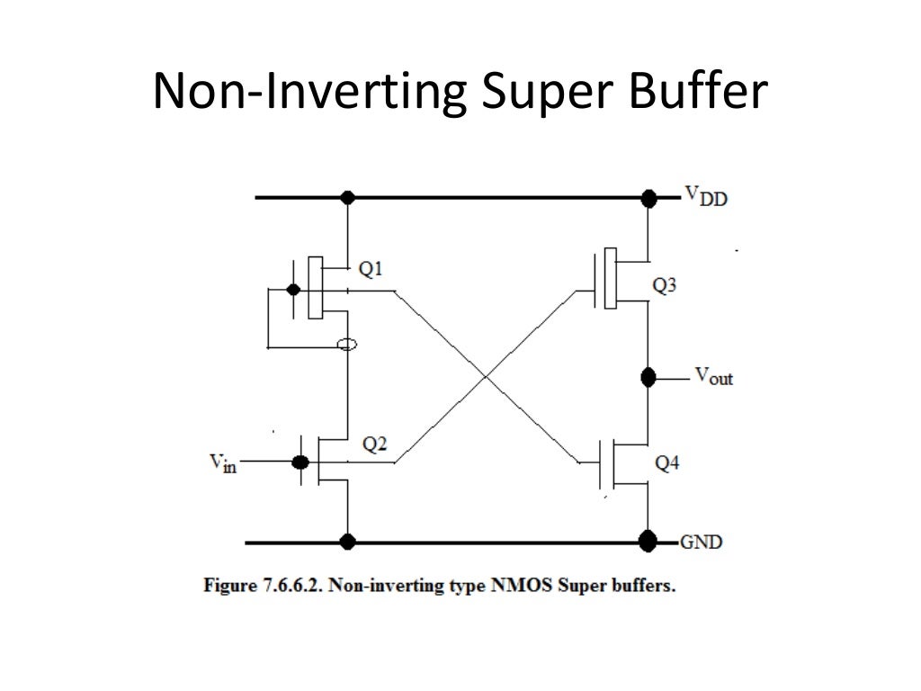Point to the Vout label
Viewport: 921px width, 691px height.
(712, 377)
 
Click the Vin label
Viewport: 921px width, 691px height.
(222, 462)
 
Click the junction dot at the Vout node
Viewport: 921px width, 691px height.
(647, 376)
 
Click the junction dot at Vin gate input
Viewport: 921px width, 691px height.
(300, 462)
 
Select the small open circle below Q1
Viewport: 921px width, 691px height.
(346, 345)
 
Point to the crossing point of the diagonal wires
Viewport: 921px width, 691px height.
(487, 376)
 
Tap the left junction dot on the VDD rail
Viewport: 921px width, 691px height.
(347, 197)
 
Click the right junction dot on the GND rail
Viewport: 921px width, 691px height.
(647, 542)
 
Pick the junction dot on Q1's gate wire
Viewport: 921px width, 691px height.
(291, 290)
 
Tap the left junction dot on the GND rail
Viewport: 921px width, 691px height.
(347, 542)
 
